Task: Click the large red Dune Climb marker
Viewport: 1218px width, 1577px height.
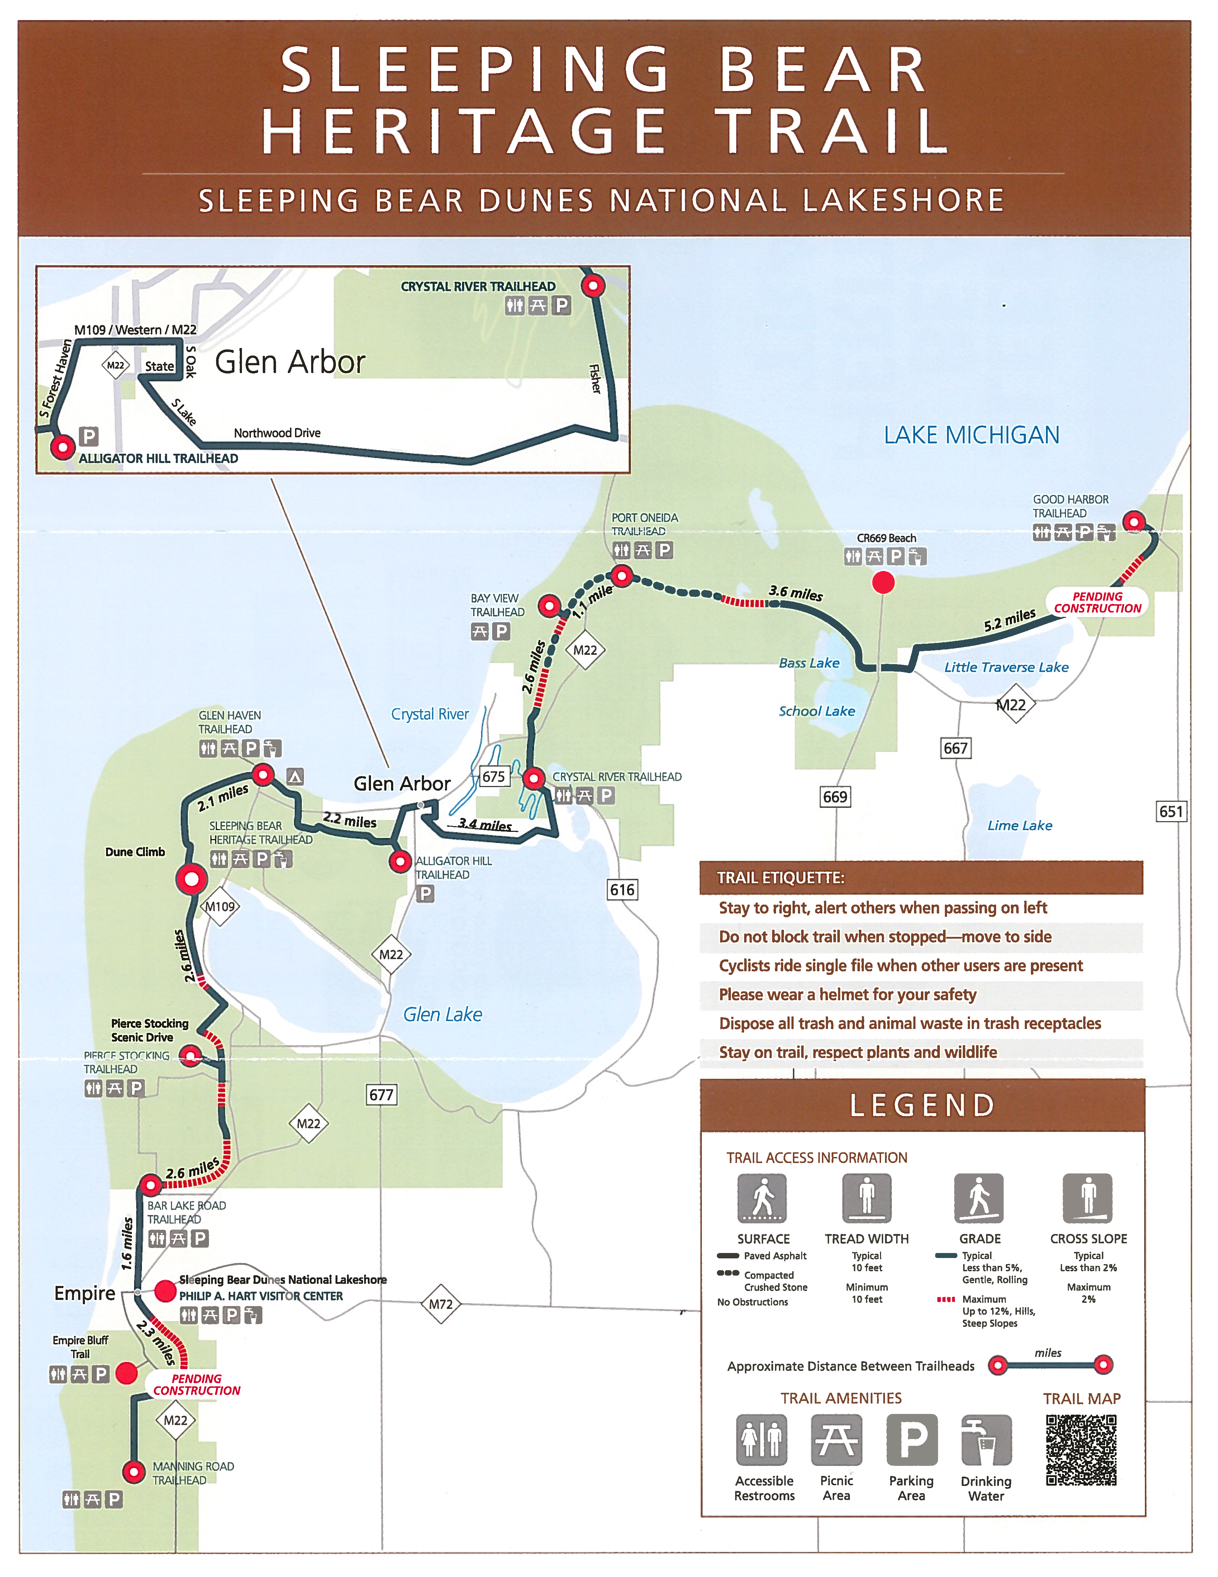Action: pos(191,880)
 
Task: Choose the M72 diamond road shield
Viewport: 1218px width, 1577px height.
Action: pos(441,1304)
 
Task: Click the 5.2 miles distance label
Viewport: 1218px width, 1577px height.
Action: pos(1009,620)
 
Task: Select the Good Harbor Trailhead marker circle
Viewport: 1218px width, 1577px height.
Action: pos(1133,521)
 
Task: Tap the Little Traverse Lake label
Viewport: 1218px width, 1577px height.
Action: pos(1006,667)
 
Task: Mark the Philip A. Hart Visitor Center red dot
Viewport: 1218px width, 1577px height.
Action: pos(165,1290)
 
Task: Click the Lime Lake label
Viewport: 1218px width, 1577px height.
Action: pos(1019,825)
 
